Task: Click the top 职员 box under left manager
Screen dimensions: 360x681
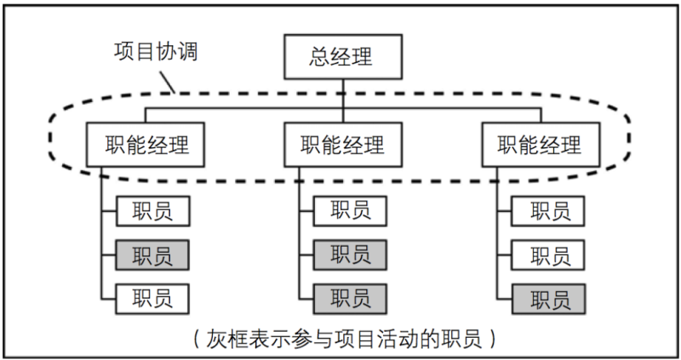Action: [x=152, y=210]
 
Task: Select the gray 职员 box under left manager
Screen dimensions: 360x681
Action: [x=152, y=254]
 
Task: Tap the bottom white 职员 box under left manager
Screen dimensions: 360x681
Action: [x=152, y=298]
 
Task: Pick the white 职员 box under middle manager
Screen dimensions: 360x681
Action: [x=350, y=210]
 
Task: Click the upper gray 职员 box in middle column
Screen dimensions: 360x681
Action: [x=350, y=254]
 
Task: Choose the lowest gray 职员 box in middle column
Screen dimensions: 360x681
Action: [x=350, y=298]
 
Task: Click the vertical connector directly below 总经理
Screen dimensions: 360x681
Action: [x=341, y=94]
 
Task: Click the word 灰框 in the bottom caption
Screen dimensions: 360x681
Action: [x=225, y=338]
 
